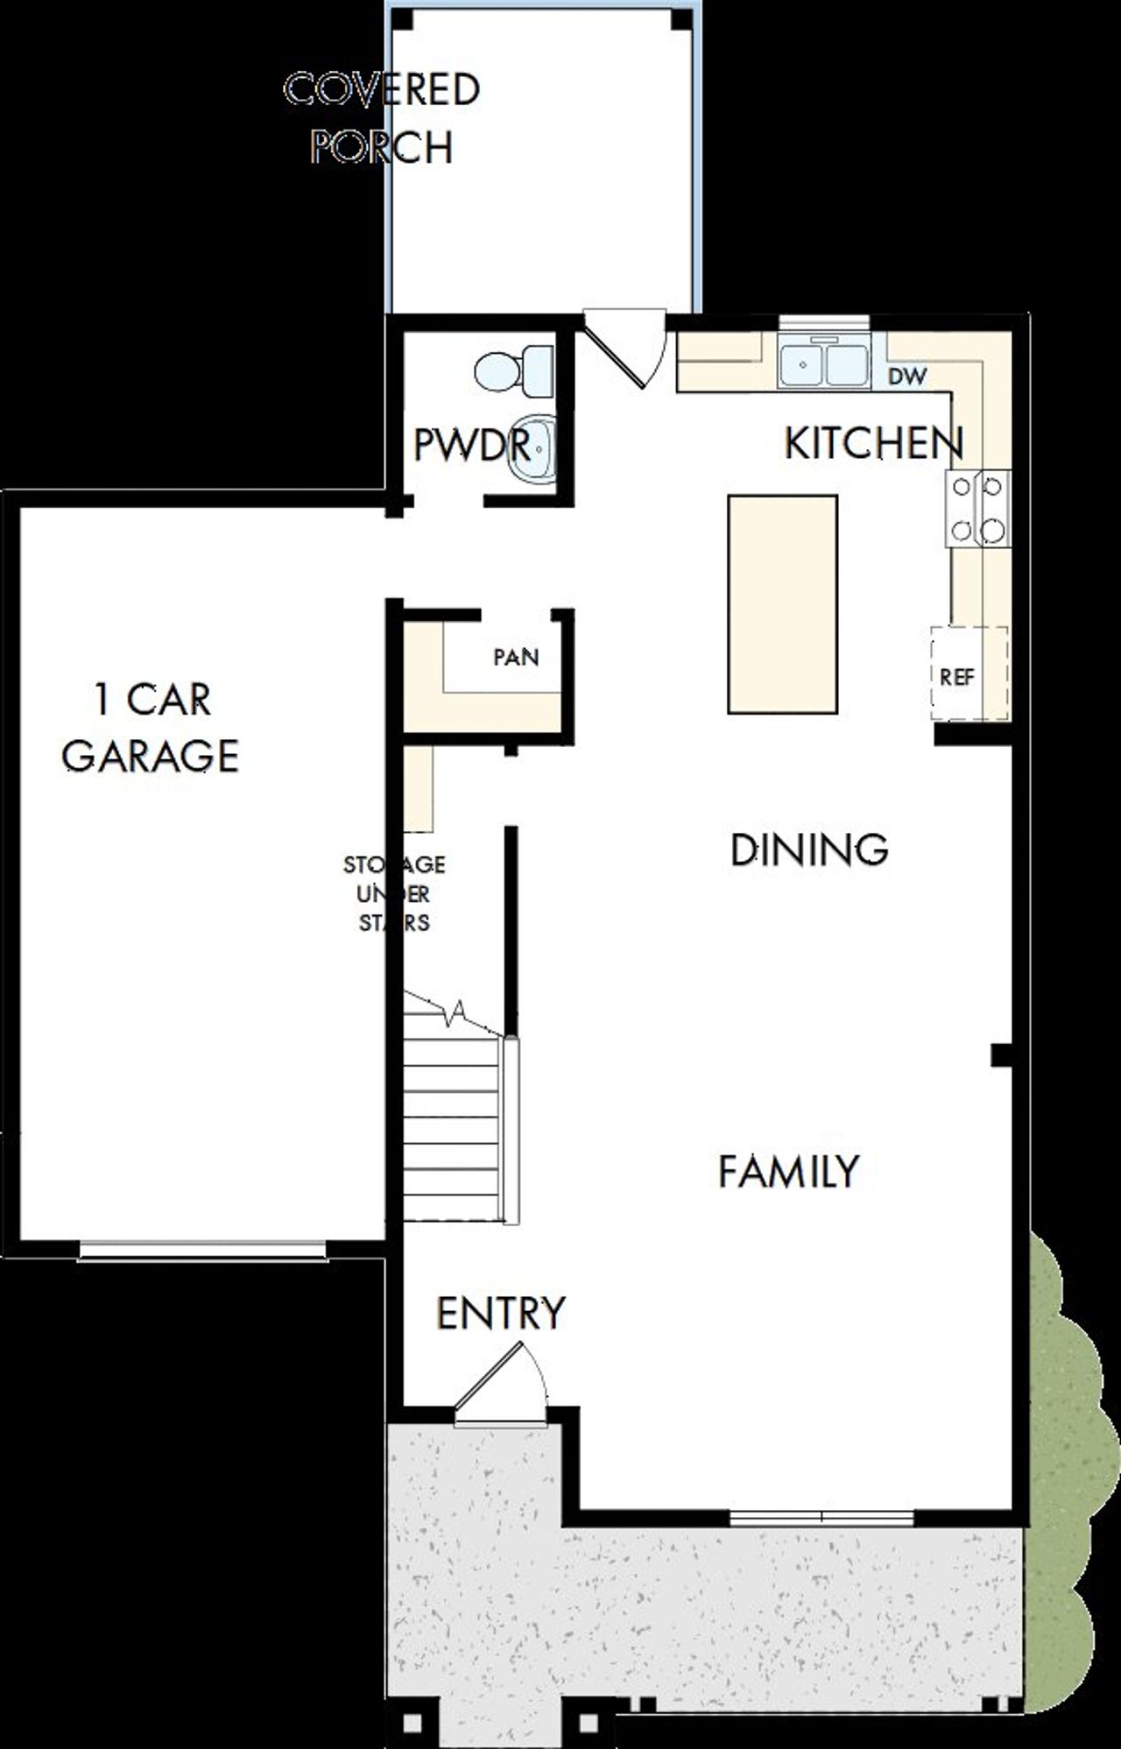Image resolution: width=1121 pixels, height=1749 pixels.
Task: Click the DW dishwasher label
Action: click(x=907, y=377)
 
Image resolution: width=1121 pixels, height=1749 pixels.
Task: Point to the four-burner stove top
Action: click(x=977, y=509)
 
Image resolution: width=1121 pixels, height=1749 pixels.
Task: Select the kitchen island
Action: click(x=782, y=604)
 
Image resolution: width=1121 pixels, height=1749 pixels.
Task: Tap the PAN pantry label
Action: click(x=516, y=657)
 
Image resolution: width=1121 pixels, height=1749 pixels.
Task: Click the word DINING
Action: click(x=809, y=850)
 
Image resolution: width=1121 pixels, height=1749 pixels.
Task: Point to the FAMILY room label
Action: click(x=788, y=1172)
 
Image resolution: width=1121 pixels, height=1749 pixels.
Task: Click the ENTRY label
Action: click(x=501, y=1313)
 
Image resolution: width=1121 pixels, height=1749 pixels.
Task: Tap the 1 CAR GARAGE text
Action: click(x=151, y=727)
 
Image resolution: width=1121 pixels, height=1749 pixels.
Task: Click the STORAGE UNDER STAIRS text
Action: click(x=394, y=893)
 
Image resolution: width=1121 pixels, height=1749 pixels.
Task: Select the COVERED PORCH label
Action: click(x=383, y=118)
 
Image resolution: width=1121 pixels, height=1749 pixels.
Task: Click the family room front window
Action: click(x=821, y=1518)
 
